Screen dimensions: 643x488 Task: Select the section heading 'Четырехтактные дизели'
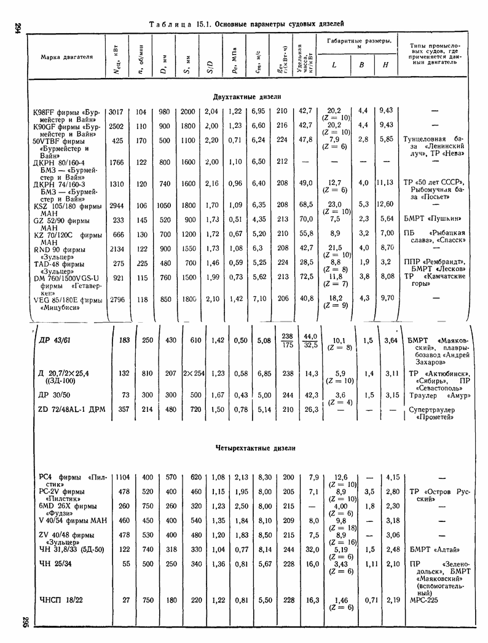(x=255, y=448)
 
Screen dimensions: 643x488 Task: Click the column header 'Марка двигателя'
(x=66, y=57)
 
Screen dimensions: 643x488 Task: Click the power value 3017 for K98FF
(x=116, y=111)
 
